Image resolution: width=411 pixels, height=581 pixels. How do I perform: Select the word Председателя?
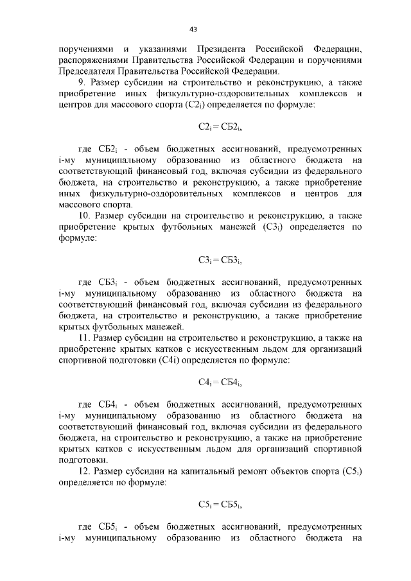tap(87, 71)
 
